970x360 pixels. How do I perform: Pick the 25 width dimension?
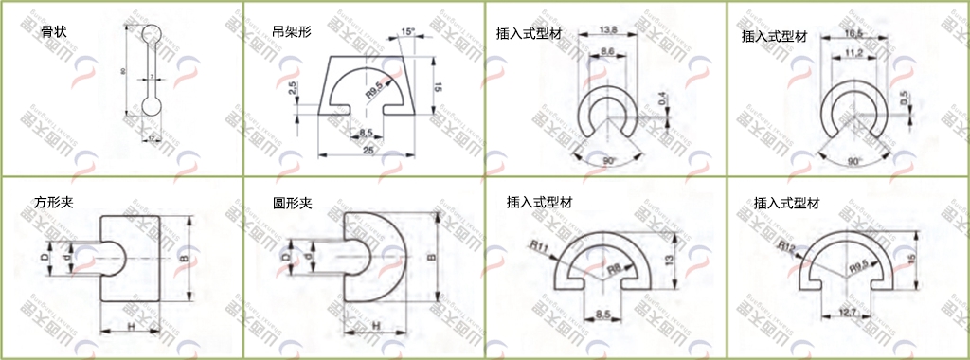(368, 150)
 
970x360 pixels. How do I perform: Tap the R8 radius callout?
(614, 269)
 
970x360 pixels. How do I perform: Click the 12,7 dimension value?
(849, 312)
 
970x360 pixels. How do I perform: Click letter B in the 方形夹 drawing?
(183, 258)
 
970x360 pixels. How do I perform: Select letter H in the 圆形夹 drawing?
(376, 325)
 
